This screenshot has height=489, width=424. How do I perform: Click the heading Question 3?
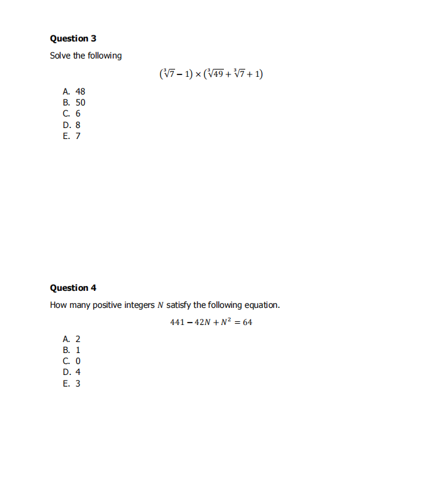pos(73,38)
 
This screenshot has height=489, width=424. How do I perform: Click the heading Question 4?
pos(73,288)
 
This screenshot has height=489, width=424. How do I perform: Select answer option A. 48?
pos(74,91)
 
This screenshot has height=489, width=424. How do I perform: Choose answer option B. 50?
pos(74,102)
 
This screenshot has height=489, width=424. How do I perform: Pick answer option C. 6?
pos(71,113)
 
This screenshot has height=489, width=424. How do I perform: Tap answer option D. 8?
pos(71,124)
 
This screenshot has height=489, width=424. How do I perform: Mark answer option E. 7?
pos(71,135)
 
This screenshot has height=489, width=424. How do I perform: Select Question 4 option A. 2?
pos(71,339)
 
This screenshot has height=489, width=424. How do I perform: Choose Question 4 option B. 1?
pos(71,350)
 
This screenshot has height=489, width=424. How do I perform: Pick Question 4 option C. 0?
pos(71,361)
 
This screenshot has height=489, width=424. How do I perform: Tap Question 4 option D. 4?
pos(71,372)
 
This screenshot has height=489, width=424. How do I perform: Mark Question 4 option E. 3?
pos(71,384)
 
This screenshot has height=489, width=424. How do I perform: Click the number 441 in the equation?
pos(178,322)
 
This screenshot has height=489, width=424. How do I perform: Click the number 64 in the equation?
pos(247,322)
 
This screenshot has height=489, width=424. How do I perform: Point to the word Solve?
pos(60,55)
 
